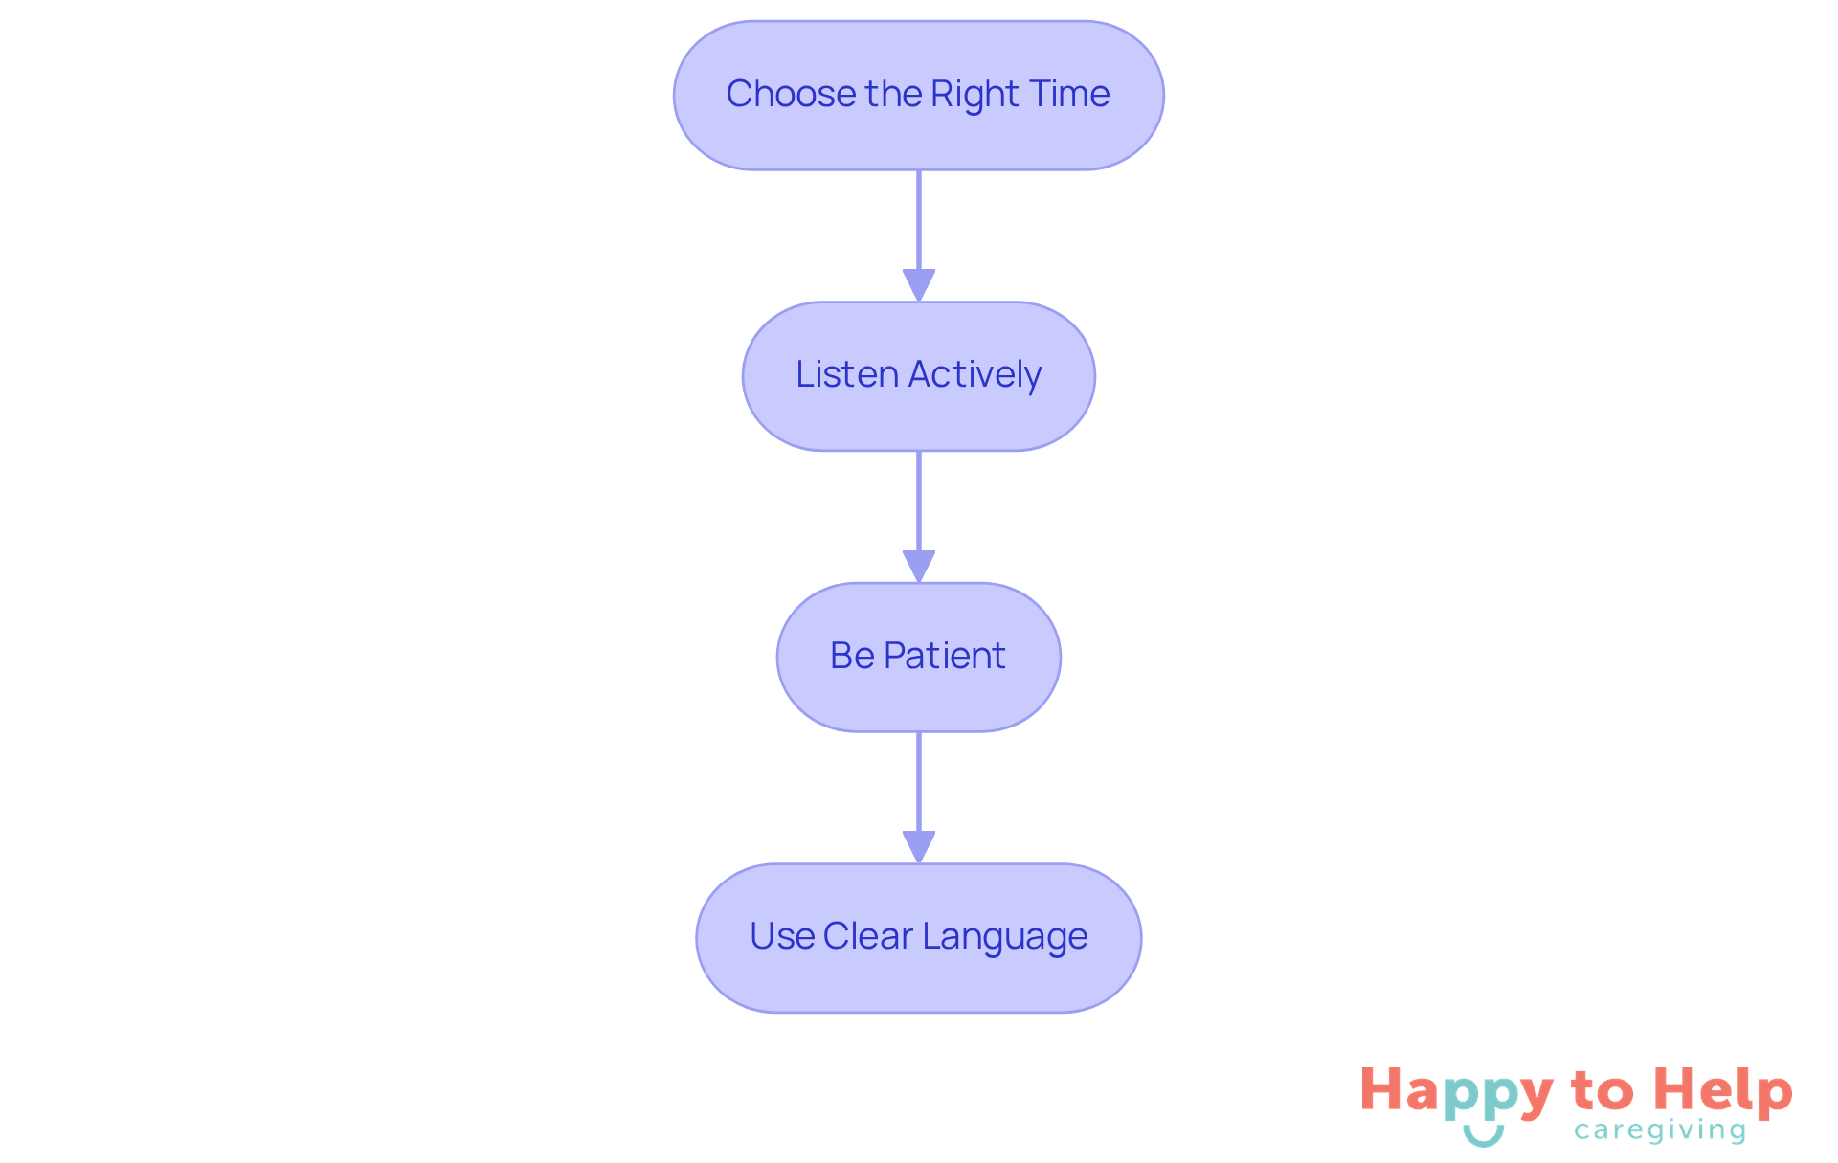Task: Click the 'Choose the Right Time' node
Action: tap(918, 96)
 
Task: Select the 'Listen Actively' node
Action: tap(918, 376)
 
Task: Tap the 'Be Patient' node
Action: tap(918, 657)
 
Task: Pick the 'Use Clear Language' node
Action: tap(918, 938)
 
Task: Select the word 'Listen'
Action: tap(847, 374)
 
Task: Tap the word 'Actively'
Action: tap(975, 374)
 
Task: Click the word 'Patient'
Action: tap(945, 656)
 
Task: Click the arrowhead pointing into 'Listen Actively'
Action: tap(918, 285)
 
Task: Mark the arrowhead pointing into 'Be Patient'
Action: tap(918, 566)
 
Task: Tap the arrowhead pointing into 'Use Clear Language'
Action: tap(918, 846)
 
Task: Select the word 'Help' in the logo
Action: tap(1723, 1091)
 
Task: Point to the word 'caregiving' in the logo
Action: tap(1660, 1130)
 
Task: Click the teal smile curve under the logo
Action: tap(1483, 1137)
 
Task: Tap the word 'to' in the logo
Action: tap(1602, 1091)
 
